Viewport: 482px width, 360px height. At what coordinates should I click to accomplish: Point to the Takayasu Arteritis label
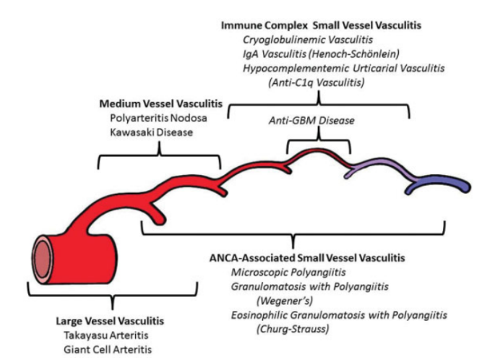coord(110,333)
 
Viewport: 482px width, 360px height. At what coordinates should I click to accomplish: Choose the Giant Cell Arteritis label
coord(110,347)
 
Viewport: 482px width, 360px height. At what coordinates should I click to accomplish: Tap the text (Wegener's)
coord(282,300)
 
